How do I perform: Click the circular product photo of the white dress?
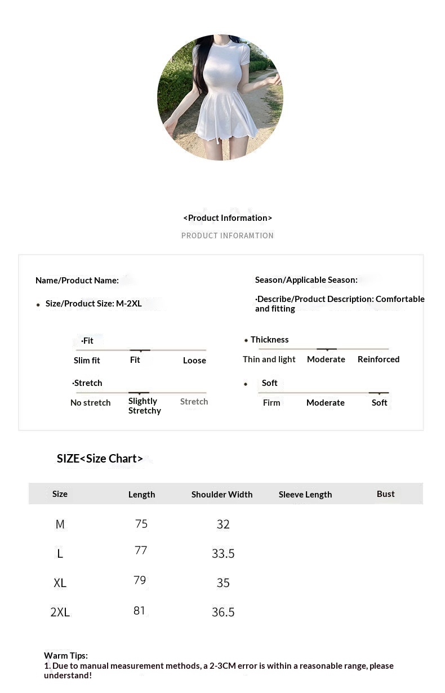pyautogui.click(x=220, y=97)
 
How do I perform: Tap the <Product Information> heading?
pyautogui.click(x=228, y=218)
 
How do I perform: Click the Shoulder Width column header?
pyautogui.click(x=222, y=494)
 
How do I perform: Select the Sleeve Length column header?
pyautogui.click(x=305, y=494)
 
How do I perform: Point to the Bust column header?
pyautogui.click(x=386, y=494)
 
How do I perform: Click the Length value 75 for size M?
pyautogui.click(x=141, y=524)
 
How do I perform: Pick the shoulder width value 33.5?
pyautogui.click(x=223, y=553)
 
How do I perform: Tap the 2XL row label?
pyautogui.click(x=60, y=612)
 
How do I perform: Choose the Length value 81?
pyautogui.click(x=140, y=610)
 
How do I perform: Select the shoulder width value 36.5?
pyautogui.click(x=223, y=612)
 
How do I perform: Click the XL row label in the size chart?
pyautogui.click(x=60, y=583)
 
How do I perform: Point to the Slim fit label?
pyautogui.click(x=87, y=361)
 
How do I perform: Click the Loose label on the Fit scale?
pyautogui.click(x=194, y=361)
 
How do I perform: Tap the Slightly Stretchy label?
pyautogui.click(x=145, y=406)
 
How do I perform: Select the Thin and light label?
pyautogui.click(x=269, y=359)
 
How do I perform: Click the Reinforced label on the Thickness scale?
pyautogui.click(x=379, y=359)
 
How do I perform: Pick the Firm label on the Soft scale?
pyautogui.click(x=272, y=403)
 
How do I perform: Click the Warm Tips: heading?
pyautogui.click(x=66, y=655)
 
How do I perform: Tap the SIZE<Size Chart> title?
pyautogui.click(x=100, y=459)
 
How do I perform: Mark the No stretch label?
pyautogui.click(x=91, y=403)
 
